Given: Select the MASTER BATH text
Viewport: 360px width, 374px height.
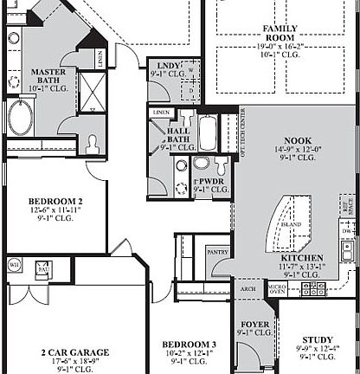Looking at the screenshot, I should coord(49,78).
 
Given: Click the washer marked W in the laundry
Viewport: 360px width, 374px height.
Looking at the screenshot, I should coord(191,68).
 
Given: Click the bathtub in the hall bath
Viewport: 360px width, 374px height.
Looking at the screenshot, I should coord(210,133).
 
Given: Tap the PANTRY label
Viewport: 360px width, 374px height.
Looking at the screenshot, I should coord(218,251).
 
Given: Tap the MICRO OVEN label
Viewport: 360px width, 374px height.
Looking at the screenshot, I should coord(277,287).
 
